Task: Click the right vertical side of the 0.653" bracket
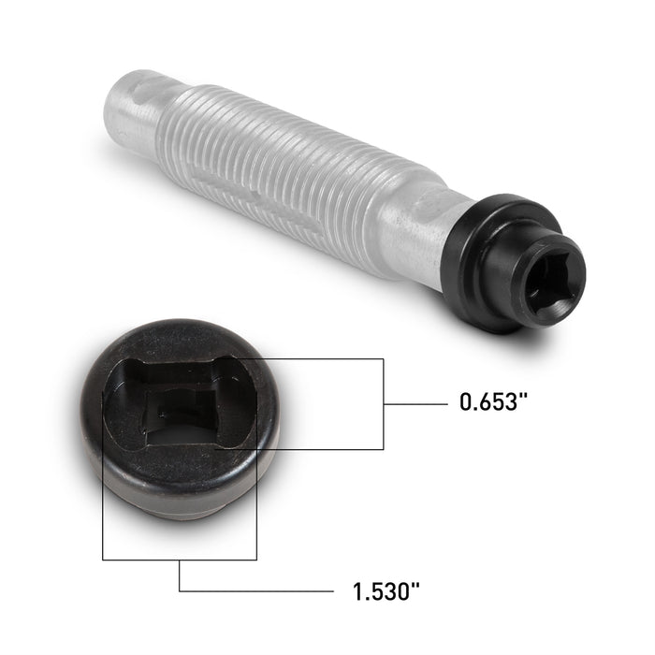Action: (384, 403)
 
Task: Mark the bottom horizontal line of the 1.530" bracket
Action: (178, 560)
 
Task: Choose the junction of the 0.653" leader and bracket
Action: (384, 403)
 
